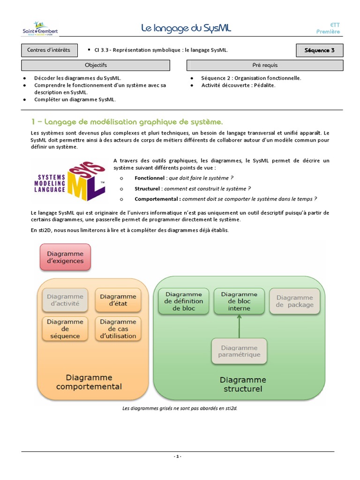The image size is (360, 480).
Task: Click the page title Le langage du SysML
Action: [187, 29]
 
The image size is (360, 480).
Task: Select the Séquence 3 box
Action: [320, 50]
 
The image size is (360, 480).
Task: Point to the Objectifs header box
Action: [96, 65]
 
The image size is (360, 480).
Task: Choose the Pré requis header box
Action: [265, 65]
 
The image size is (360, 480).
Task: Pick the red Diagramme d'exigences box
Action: [65, 257]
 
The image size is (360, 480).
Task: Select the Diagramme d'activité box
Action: [65, 300]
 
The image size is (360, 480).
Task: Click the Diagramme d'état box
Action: [118, 300]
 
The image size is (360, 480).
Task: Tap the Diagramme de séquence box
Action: [65, 329]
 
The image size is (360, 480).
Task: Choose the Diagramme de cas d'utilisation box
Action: [118, 329]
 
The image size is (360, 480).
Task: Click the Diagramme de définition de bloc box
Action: [183, 301]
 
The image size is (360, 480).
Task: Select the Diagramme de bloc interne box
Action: [239, 301]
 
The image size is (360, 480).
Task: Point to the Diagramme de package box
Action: [294, 301]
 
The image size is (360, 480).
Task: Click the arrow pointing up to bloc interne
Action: [239, 326]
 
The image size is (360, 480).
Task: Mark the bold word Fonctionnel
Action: [150, 178]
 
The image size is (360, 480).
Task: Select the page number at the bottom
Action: [177, 457]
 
